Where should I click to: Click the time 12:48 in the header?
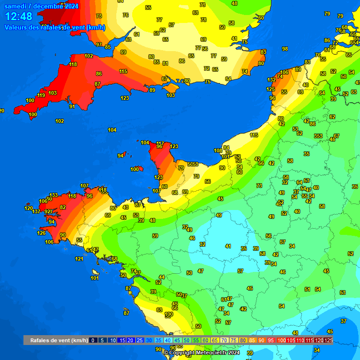19,17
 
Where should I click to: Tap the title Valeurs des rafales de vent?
55,27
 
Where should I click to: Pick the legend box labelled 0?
93,340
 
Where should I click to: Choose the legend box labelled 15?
121,340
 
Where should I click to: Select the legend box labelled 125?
328,340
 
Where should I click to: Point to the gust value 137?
36,211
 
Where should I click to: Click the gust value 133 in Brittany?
54,195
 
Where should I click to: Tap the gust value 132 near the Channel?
271,80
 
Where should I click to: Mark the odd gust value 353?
318,136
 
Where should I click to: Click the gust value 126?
42,233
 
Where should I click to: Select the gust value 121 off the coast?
79,259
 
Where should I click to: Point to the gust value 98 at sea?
285,49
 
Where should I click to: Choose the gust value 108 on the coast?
218,150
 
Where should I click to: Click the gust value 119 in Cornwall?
41,95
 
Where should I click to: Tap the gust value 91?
72,106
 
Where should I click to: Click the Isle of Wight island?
171,88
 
